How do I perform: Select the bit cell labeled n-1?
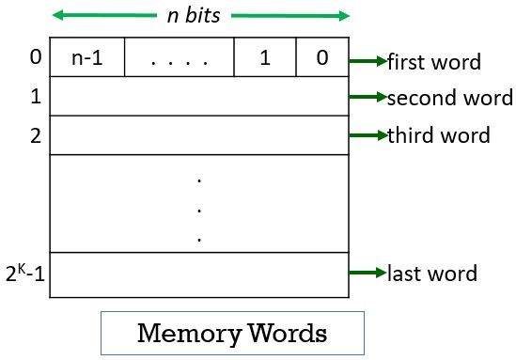click(x=86, y=58)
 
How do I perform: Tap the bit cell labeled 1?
click(x=264, y=58)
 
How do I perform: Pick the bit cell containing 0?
click(x=322, y=58)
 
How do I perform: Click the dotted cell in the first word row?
click(x=179, y=58)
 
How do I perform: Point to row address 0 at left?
click(x=35, y=58)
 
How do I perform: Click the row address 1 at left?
click(x=35, y=97)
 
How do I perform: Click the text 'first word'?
click(x=434, y=62)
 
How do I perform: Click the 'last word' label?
click(x=432, y=274)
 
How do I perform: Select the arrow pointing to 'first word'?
click(x=367, y=61)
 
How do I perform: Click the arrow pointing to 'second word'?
click(x=367, y=97)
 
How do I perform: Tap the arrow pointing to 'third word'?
click(x=367, y=134)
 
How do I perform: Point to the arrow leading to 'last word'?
click(x=367, y=274)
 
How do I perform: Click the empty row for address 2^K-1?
click(x=199, y=274)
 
